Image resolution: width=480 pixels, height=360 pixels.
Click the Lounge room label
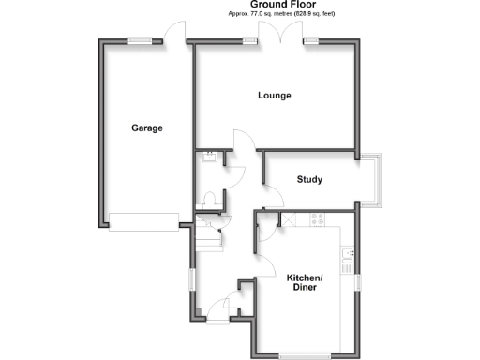275,95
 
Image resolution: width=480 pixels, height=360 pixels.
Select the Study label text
310,179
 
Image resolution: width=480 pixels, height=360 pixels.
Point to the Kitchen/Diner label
305,283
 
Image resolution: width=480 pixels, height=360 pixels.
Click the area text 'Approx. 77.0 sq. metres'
258,14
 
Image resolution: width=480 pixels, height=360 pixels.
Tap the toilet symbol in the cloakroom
211,198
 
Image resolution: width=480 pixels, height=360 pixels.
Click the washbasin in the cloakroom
211,157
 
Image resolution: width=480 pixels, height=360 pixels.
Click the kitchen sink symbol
348,254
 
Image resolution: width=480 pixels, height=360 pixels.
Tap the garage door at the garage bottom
142,221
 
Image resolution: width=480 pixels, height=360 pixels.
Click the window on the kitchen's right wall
356,281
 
